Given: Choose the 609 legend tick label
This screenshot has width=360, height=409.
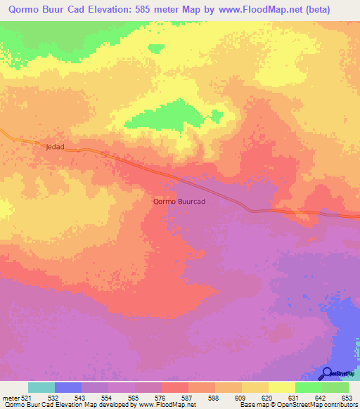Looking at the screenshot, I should (240, 398).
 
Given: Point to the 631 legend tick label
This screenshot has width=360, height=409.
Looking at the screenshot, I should (294, 398).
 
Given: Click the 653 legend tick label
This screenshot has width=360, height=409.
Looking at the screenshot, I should (347, 398).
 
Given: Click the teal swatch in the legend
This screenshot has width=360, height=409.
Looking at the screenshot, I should (41, 387).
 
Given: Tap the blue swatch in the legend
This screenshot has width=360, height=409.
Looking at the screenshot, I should (68, 387).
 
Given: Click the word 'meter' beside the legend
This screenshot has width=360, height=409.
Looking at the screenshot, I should (10, 398).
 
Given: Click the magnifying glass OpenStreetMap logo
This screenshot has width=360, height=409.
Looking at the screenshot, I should (326, 373).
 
